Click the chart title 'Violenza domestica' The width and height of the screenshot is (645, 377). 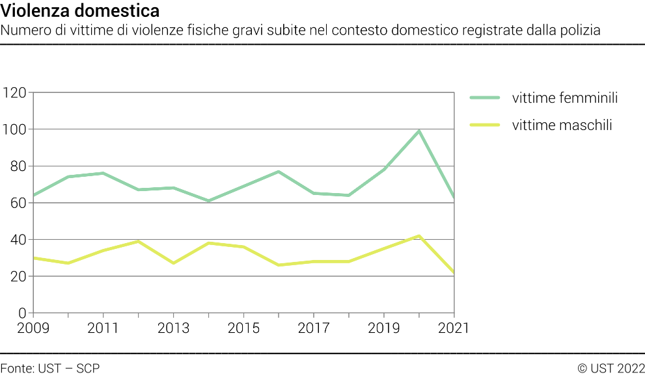(x=79, y=12)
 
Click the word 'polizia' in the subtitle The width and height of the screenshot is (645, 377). (x=579, y=30)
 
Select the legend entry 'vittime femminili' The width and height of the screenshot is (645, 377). (x=564, y=98)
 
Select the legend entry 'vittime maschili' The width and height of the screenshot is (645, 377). (x=562, y=125)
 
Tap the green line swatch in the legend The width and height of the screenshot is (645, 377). (x=485, y=98)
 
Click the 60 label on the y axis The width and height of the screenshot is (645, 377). (x=18, y=203)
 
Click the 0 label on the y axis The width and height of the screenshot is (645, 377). (x=23, y=313)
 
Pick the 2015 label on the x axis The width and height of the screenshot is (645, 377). (x=243, y=328)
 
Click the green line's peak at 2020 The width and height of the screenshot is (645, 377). (x=419, y=131)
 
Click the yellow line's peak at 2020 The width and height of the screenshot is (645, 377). (x=419, y=236)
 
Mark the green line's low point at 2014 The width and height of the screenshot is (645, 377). (x=208, y=201)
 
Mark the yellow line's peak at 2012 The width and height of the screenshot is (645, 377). (x=138, y=241)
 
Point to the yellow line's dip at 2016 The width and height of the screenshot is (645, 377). (x=279, y=265)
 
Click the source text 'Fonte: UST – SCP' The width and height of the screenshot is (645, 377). (x=50, y=369)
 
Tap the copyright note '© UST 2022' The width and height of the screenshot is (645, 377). (x=611, y=369)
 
